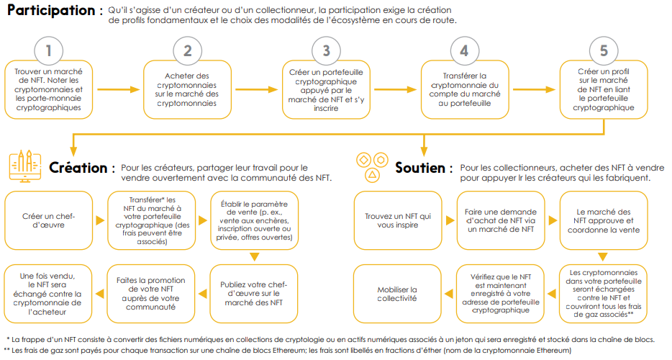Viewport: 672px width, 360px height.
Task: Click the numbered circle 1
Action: click(x=48, y=50)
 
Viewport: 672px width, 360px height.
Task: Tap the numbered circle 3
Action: click(x=326, y=50)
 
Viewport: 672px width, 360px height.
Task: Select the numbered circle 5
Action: click(x=604, y=50)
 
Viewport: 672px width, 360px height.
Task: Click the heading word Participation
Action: click(x=51, y=10)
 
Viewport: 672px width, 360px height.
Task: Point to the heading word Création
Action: click(x=78, y=168)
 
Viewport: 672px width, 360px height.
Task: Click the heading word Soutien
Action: click(x=420, y=168)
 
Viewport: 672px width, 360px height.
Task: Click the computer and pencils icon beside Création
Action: click(x=25, y=166)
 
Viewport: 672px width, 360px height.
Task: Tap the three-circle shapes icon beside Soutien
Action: click(x=372, y=167)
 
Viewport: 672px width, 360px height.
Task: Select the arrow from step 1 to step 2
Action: click(x=118, y=89)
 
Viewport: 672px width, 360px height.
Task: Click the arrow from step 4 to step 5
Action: click(x=534, y=89)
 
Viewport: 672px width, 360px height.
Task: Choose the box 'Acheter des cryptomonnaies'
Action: click(x=187, y=89)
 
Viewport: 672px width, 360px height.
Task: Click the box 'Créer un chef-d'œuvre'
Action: click(x=48, y=220)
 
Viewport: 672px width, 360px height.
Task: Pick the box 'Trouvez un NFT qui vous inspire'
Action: click(x=398, y=220)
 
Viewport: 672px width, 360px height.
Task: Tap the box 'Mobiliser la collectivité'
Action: click(x=397, y=294)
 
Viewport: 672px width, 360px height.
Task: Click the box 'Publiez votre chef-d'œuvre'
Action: click(x=254, y=294)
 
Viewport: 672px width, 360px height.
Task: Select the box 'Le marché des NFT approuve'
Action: click(x=604, y=220)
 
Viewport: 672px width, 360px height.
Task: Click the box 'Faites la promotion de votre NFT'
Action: click(x=151, y=294)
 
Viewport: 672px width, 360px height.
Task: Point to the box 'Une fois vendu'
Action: click(x=47, y=294)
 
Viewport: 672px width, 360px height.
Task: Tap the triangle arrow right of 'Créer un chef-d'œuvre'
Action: click(x=100, y=220)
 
